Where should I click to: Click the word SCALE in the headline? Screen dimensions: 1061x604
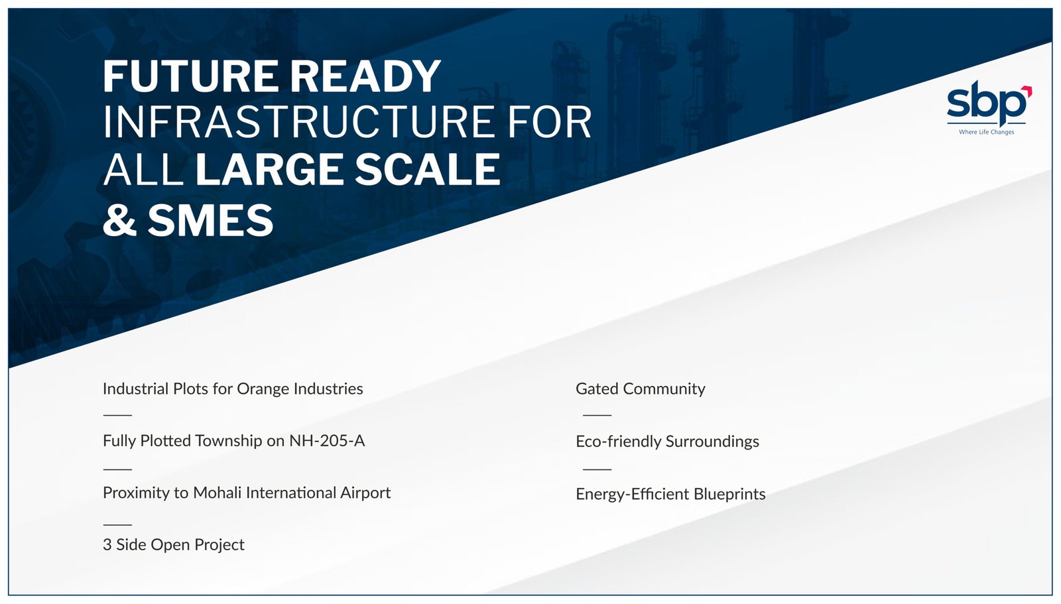click(428, 169)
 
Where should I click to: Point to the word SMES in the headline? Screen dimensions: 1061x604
click(211, 220)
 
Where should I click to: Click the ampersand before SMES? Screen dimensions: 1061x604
click(120, 220)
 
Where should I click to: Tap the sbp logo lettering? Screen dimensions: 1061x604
click(986, 103)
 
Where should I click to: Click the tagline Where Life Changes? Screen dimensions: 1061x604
click(987, 132)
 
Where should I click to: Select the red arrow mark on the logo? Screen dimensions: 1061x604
click(1027, 91)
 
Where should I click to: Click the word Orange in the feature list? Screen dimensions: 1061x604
click(263, 389)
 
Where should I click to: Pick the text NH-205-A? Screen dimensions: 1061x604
click(327, 441)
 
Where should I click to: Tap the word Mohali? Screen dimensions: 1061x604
click(218, 493)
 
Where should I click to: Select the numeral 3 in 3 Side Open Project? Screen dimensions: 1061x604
click(107, 545)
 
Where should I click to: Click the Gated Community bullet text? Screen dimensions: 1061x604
click(641, 389)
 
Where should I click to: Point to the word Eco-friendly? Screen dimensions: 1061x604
click(618, 442)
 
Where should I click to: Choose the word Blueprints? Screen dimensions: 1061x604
click(729, 494)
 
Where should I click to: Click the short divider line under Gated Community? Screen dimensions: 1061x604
click(597, 415)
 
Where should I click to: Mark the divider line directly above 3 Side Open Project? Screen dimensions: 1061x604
click(117, 525)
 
